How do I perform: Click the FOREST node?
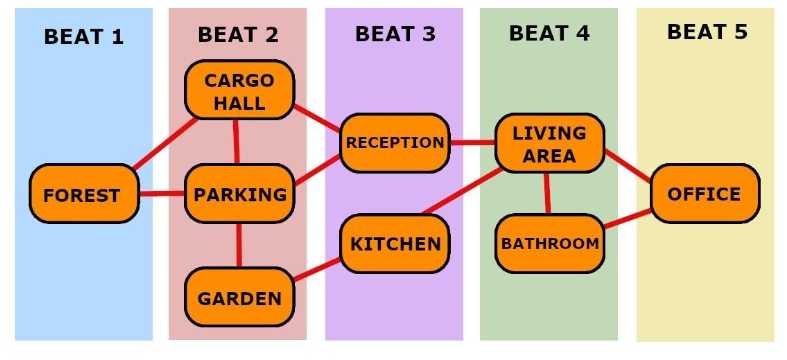click(x=83, y=194)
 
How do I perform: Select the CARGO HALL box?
click(x=239, y=90)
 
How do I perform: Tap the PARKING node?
click(x=239, y=194)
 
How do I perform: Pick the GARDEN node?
click(x=239, y=297)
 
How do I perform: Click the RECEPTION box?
click(x=394, y=142)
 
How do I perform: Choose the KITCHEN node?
click(x=394, y=244)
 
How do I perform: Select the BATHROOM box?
click(x=549, y=243)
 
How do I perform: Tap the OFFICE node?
click(x=705, y=193)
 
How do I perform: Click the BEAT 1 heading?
click(x=83, y=38)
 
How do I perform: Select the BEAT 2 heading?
click(x=238, y=34)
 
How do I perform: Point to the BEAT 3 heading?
click(x=395, y=34)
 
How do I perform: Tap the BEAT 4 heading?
click(x=549, y=33)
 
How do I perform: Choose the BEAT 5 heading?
click(x=706, y=31)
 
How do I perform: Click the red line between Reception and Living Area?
click(x=473, y=142)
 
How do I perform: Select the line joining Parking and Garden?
click(x=239, y=246)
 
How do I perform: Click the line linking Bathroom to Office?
click(x=628, y=219)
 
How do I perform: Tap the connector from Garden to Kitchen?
click(x=317, y=270)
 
